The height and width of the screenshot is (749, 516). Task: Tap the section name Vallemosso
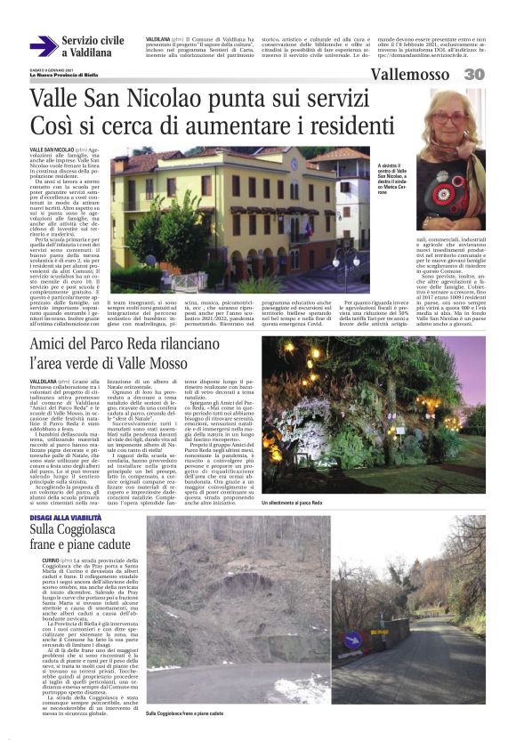point(412,75)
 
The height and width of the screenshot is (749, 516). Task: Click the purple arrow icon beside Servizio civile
point(43,46)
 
